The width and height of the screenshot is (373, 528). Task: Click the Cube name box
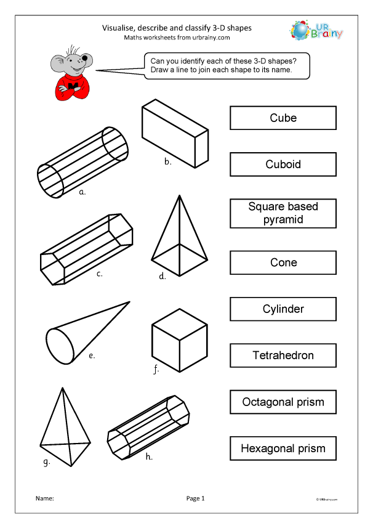283,118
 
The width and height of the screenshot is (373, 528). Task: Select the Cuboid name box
283,164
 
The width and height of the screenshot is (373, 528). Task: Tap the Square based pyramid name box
283,213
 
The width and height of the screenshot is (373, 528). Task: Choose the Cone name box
283,262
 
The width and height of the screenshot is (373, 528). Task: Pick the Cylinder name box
283,309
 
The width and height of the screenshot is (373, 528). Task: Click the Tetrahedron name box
283,355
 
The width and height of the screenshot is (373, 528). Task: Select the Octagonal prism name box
283,402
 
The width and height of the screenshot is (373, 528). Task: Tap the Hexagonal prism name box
283,448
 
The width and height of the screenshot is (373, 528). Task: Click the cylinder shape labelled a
83,162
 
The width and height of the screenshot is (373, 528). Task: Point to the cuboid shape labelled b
175,134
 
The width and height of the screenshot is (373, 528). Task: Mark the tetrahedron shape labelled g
63,431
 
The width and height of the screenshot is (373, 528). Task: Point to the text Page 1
195,498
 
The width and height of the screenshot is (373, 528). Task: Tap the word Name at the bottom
44,498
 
